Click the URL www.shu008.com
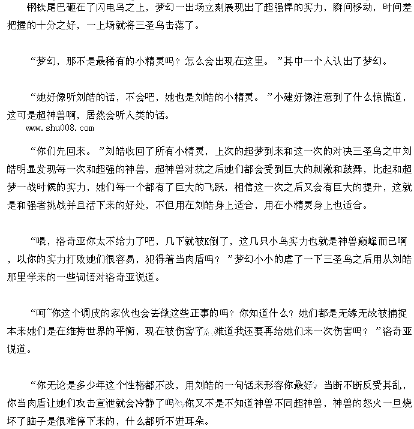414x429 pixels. click(x=60, y=128)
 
